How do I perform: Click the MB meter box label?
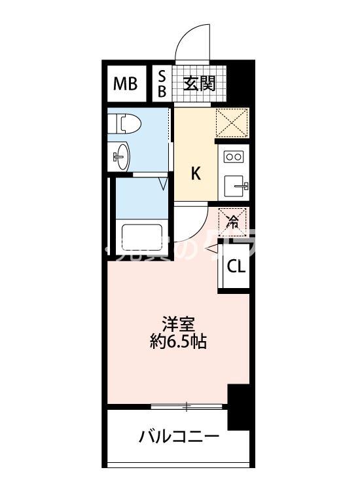tap(126, 83)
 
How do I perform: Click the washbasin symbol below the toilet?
tap(122, 155)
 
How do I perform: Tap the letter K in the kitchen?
tap(195, 173)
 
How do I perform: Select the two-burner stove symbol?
tap(234, 156)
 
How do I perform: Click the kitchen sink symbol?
tap(234, 187)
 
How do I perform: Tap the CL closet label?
tap(236, 266)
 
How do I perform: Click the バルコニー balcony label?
tap(179, 436)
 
